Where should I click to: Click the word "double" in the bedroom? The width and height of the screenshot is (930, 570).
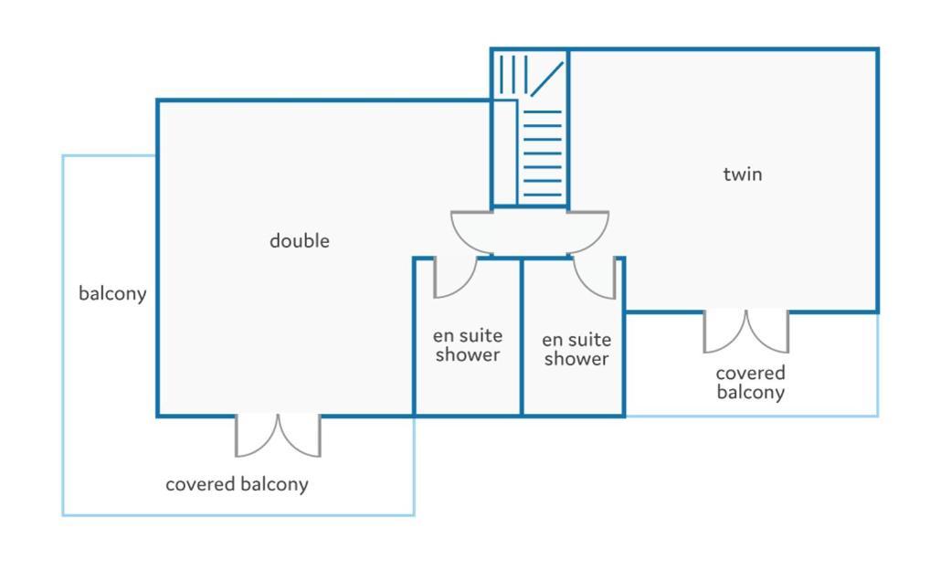pos(300,240)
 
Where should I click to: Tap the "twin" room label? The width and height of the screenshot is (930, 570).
pos(743,174)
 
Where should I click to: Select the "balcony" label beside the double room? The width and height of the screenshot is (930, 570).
pos(112,293)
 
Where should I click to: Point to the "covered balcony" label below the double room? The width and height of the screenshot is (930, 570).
pos(237,484)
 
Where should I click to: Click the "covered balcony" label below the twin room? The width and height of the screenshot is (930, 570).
pos(750,383)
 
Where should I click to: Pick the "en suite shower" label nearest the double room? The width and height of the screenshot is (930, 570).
pos(468,345)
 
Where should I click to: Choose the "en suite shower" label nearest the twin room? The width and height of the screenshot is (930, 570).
pos(576,349)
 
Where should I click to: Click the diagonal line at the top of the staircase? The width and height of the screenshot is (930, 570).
pos(547,79)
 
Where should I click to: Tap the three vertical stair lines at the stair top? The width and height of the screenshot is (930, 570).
pos(513,74)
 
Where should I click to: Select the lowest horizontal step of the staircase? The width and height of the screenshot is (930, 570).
pos(543,195)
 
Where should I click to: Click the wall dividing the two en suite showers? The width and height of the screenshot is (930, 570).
pos(522,337)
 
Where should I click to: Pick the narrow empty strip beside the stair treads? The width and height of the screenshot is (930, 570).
pos(505,153)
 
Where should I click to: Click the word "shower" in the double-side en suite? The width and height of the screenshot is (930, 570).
pos(468,354)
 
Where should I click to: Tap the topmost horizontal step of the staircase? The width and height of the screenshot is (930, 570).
pos(543,111)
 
